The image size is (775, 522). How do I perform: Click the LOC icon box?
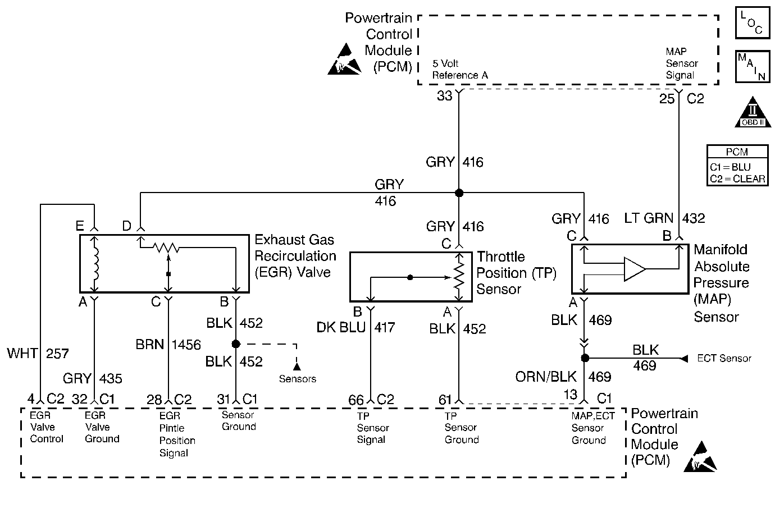point(753,22)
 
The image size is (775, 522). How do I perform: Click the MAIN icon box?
point(753,66)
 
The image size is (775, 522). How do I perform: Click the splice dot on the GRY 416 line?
point(459,193)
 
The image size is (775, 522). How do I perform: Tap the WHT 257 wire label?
point(38,354)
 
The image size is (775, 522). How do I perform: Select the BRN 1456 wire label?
point(168,345)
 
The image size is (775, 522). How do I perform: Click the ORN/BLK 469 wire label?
point(563,377)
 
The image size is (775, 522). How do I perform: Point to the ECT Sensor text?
point(724,358)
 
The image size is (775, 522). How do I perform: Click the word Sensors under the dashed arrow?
point(298,379)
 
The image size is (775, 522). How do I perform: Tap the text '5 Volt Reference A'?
point(460,70)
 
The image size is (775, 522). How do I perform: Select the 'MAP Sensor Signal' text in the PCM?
point(681,63)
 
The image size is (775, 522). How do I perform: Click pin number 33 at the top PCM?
point(445,97)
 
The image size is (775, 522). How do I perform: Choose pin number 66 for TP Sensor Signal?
point(356,400)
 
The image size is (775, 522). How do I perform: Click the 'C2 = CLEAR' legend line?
point(737,179)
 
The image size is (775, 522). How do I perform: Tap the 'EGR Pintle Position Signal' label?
point(177,434)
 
